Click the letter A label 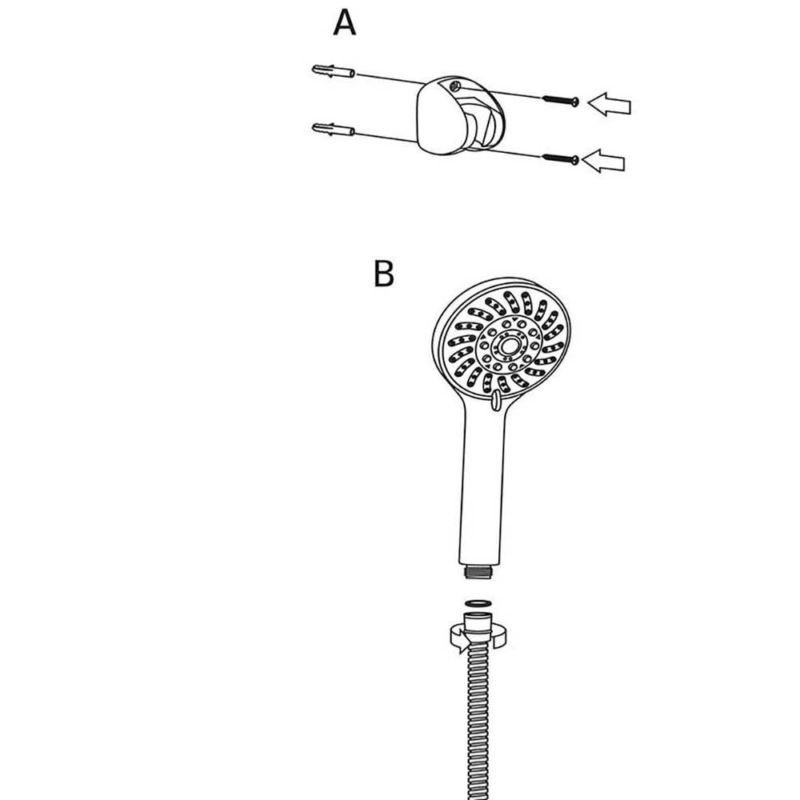point(344,23)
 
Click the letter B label point(384,274)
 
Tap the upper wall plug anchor point(333,71)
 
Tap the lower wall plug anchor point(333,129)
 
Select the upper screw point(560,100)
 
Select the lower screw point(560,158)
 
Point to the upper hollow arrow point(609,105)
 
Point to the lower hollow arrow point(603,162)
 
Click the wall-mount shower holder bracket point(460,115)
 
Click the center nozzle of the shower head point(508,346)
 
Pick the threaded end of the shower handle point(479,571)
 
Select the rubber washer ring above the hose point(478,603)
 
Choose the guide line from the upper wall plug point(390,79)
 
